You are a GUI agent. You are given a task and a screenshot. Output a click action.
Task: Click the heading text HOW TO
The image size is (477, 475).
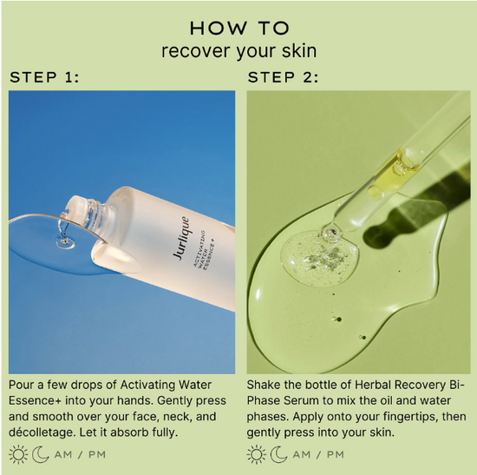(238, 27)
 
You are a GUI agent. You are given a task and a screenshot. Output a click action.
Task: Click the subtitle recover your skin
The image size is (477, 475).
(238, 50)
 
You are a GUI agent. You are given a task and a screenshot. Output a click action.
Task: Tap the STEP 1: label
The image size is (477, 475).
(44, 77)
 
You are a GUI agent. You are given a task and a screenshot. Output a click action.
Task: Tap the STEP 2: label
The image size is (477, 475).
(283, 77)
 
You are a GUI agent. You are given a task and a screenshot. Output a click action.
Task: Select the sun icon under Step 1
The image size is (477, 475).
(18, 454)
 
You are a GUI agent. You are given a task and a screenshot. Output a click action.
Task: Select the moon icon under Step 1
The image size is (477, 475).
(41, 454)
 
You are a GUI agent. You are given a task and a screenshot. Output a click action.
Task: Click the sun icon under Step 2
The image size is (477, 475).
(257, 454)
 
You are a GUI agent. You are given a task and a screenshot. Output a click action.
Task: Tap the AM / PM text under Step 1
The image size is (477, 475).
(81, 454)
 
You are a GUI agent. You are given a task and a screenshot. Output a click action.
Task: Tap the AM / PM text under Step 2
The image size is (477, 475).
(318, 454)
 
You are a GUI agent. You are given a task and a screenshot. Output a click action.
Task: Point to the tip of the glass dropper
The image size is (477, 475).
(328, 233)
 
